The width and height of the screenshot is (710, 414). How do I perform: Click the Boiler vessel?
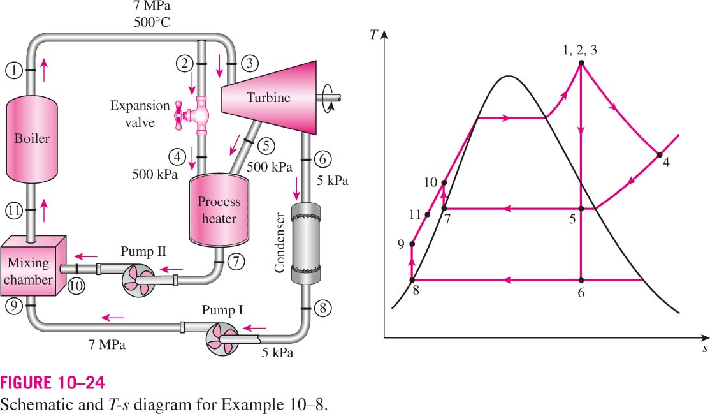[32, 138]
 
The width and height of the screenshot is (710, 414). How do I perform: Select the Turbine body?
[268, 98]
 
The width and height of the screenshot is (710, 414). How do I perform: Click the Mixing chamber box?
[33, 266]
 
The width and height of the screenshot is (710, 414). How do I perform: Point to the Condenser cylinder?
[305, 244]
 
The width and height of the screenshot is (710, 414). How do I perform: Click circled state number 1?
[14, 70]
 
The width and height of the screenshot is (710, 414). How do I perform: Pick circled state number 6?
[322, 159]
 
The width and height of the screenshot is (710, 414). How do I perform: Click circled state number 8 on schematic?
[322, 309]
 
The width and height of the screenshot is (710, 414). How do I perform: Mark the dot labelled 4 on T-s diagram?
[660, 155]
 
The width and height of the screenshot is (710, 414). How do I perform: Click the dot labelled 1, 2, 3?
[581, 64]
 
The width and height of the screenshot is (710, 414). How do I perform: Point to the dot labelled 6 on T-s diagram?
[581, 280]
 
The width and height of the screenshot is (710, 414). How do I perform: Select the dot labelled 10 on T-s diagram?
[444, 182]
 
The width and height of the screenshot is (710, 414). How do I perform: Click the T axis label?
[373, 34]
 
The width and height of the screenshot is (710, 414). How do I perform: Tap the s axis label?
[705, 349]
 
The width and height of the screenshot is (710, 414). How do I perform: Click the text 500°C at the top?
[152, 22]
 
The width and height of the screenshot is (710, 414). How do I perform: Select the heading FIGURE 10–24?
[52, 383]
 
